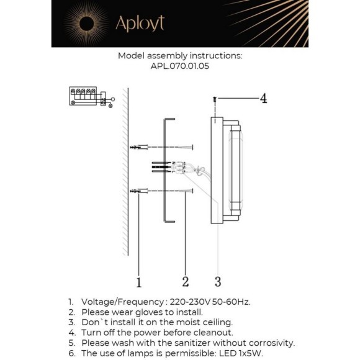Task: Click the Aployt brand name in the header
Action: click(140, 24)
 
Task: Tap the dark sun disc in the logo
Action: click(86, 24)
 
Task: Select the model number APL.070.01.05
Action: click(180, 66)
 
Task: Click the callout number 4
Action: click(263, 99)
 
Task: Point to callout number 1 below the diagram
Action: click(139, 282)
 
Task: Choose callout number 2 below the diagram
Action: click(186, 281)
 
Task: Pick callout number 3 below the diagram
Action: click(218, 281)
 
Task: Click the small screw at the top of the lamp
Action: click(215, 99)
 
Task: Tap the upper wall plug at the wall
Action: click(139, 147)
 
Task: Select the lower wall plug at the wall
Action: click(139, 191)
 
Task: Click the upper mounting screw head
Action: click(192, 147)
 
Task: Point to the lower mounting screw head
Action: click(192, 191)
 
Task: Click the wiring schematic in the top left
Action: click(92, 97)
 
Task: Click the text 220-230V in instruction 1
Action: click(190, 302)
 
